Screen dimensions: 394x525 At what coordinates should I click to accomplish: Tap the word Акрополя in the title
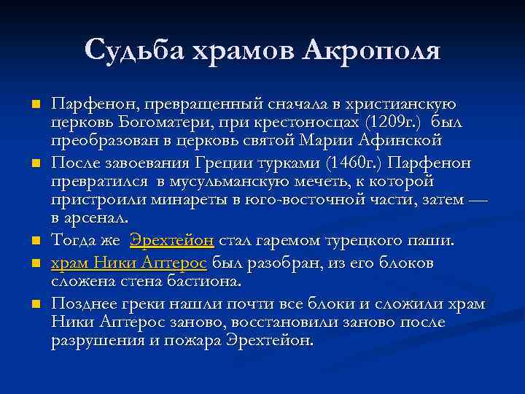373,50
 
